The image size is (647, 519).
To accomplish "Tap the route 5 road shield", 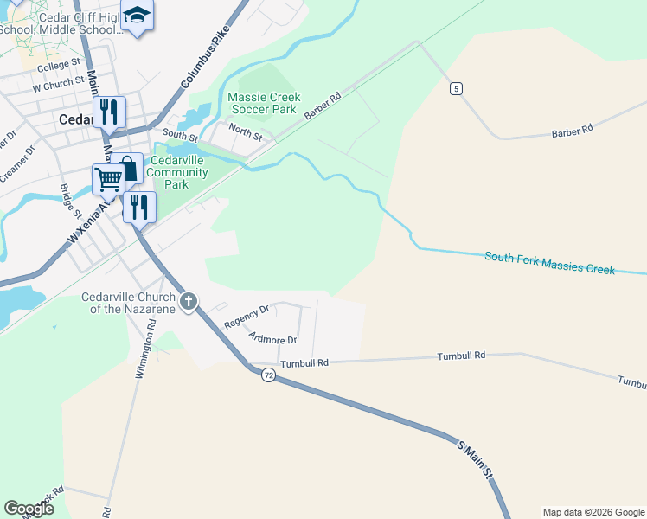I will (456, 88).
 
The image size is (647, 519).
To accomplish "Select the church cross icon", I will (189, 303).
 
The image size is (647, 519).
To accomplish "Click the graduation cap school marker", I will (137, 16).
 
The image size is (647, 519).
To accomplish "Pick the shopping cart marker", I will (108, 180).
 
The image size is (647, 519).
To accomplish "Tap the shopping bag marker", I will (126, 169).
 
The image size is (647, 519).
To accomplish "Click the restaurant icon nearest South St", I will (109, 112).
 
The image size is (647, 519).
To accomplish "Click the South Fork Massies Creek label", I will (549, 263).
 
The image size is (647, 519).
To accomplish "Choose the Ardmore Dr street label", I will (272, 339).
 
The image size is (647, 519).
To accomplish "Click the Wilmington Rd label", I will (144, 349).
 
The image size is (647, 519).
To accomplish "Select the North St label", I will (246, 131).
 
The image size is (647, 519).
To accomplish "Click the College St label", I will (59, 64).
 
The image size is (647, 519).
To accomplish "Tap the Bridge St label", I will (70, 202).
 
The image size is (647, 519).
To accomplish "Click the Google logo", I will (29, 509).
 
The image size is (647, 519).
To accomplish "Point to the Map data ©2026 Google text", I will (593, 512).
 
